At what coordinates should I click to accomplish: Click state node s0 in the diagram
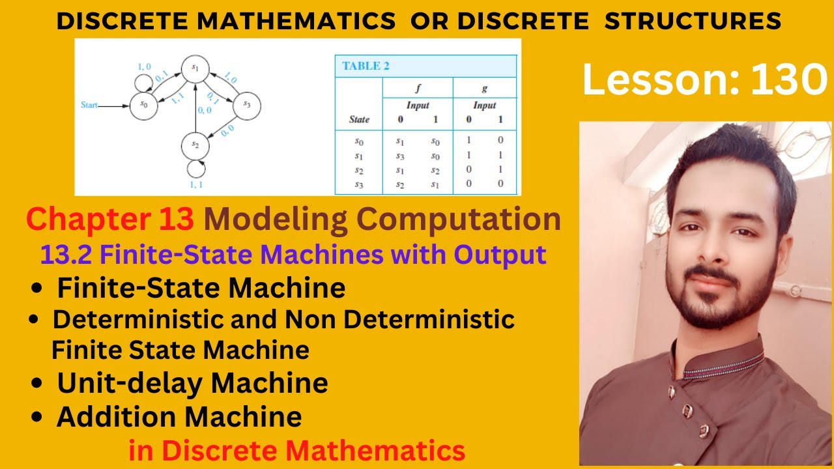click(x=143, y=105)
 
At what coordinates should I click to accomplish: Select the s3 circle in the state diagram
click(x=246, y=105)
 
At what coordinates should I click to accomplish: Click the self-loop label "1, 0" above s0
click(x=145, y=66)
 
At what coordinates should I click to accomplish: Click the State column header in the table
click(x=359, y=119)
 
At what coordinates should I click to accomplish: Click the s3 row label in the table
click(x=359, y=184)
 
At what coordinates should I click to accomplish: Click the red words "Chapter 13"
click(x=110, y=220)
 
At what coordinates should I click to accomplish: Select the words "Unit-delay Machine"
click(x=192, y=383)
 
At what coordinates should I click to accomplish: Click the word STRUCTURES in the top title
click(x=693, y=21)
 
